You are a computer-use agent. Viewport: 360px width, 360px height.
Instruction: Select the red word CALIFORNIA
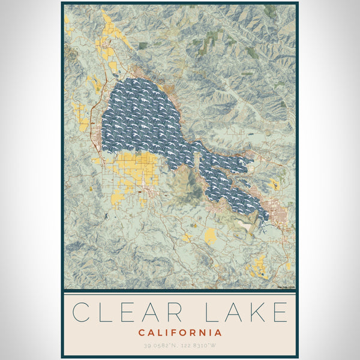pyautogui.click(x=180, y=332)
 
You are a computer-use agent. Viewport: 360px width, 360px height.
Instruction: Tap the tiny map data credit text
pyautogui.click(x=285, y=287)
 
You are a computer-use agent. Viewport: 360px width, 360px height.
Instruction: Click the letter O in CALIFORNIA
pyautogui.click(x=184, y=332)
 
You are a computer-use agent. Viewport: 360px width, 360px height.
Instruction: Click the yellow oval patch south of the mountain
pyautogui.click(x=210, y=236)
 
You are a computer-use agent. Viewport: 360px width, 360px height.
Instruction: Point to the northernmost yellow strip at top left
pyautogui.click(x=108, y=24)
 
